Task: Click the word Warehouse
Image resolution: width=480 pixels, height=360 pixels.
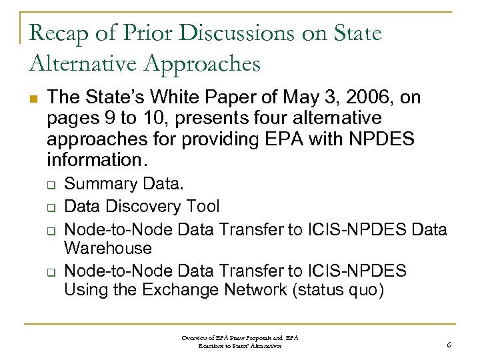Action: (108, 248)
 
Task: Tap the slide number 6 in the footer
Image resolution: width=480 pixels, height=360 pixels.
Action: (449, 345)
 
